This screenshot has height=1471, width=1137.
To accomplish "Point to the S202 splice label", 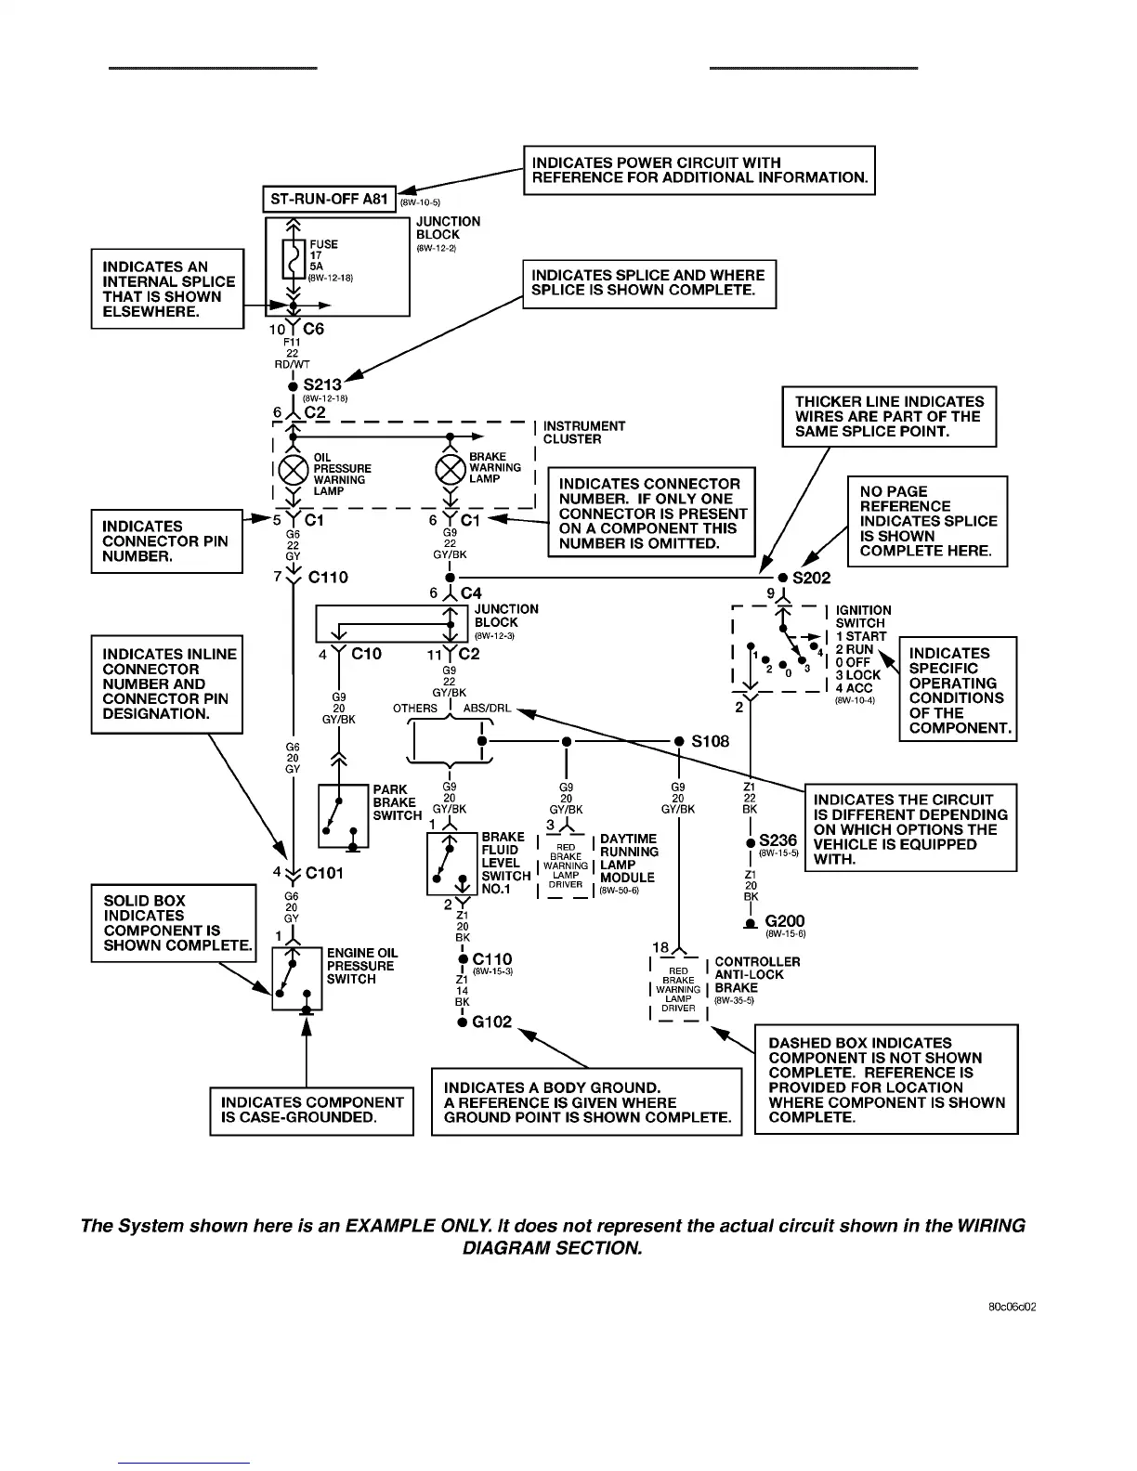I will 811,578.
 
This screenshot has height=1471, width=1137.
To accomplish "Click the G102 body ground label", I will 491,1022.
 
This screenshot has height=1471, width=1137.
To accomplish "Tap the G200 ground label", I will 784,921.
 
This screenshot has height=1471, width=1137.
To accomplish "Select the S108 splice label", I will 711,741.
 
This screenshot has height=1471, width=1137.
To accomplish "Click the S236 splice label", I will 778,840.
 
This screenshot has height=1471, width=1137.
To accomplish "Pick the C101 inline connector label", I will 324,873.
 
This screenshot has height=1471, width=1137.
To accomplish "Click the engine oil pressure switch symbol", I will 296,978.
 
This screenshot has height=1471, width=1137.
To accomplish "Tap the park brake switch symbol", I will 343,815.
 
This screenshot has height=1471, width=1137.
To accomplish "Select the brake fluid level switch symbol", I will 451,864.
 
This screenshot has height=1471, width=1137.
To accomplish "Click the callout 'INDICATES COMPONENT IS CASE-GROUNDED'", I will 312,1110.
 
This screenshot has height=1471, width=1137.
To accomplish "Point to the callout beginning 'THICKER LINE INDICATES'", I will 889,416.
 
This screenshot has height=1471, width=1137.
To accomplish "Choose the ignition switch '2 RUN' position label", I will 854,649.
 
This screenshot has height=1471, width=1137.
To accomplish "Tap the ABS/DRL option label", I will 485,708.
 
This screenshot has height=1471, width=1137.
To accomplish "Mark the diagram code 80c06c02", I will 1012,1307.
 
